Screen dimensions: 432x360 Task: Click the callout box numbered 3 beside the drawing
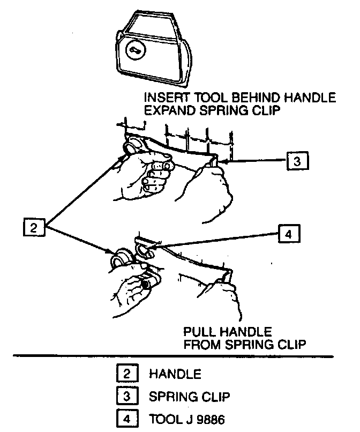click(x=297, y=160)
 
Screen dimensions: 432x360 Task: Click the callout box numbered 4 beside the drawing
click(x=289, y=234)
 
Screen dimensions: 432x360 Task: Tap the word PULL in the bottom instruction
click(x=199, y=331)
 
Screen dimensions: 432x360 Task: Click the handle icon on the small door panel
click(x=134, y=50)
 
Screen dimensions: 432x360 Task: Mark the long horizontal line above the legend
click(x=179, y=356)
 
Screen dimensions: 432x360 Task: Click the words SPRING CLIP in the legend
click(x=190, y=397)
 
